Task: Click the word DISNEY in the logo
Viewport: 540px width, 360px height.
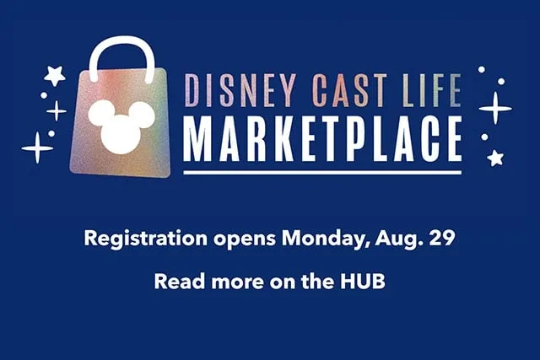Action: (240, 90)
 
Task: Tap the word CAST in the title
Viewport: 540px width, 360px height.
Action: (349, 90)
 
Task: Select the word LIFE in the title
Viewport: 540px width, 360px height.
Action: (432, 90)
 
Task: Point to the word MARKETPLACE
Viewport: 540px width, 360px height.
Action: (322, 139)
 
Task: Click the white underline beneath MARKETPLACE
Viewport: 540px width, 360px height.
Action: (322, 172)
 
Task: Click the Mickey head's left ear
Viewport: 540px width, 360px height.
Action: (101, 112)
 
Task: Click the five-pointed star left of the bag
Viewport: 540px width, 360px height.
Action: (54, 75)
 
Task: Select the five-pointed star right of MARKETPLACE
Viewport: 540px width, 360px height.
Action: (495, 158)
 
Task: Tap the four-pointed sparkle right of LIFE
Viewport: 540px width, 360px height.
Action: (495, 108)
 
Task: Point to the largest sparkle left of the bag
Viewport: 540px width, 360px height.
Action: (37, 148)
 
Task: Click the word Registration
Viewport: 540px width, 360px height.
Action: (146, 239)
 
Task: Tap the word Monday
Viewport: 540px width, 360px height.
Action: (326, 239)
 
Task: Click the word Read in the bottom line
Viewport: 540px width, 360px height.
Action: (180, 282)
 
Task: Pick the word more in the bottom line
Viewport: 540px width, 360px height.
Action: (238, 283)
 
